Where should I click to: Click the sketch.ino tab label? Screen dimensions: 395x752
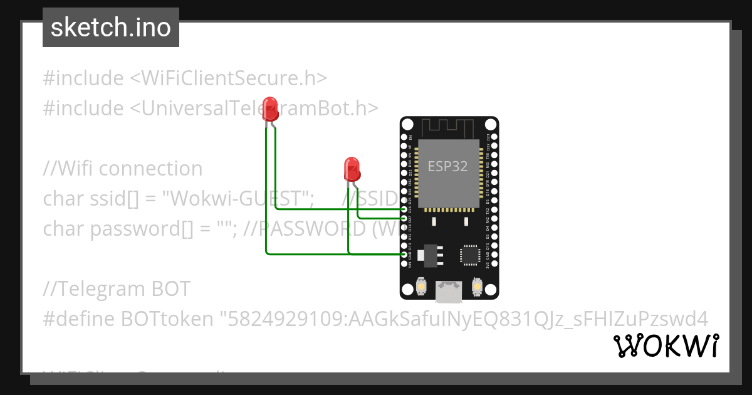111,28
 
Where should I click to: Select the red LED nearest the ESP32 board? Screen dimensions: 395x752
352,170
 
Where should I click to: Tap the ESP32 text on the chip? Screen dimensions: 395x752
447,166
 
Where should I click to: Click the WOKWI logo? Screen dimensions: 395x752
666,346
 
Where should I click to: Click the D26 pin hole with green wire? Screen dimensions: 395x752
405,209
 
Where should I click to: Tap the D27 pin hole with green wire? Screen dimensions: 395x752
405,218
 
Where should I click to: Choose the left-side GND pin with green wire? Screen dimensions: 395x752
405,254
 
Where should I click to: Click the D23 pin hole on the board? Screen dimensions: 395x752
494,137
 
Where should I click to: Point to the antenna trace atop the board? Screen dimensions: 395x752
449,127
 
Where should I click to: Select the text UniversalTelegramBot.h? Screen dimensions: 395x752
254,108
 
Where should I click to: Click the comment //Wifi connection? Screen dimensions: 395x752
123,169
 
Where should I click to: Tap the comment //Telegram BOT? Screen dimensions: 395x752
117,289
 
